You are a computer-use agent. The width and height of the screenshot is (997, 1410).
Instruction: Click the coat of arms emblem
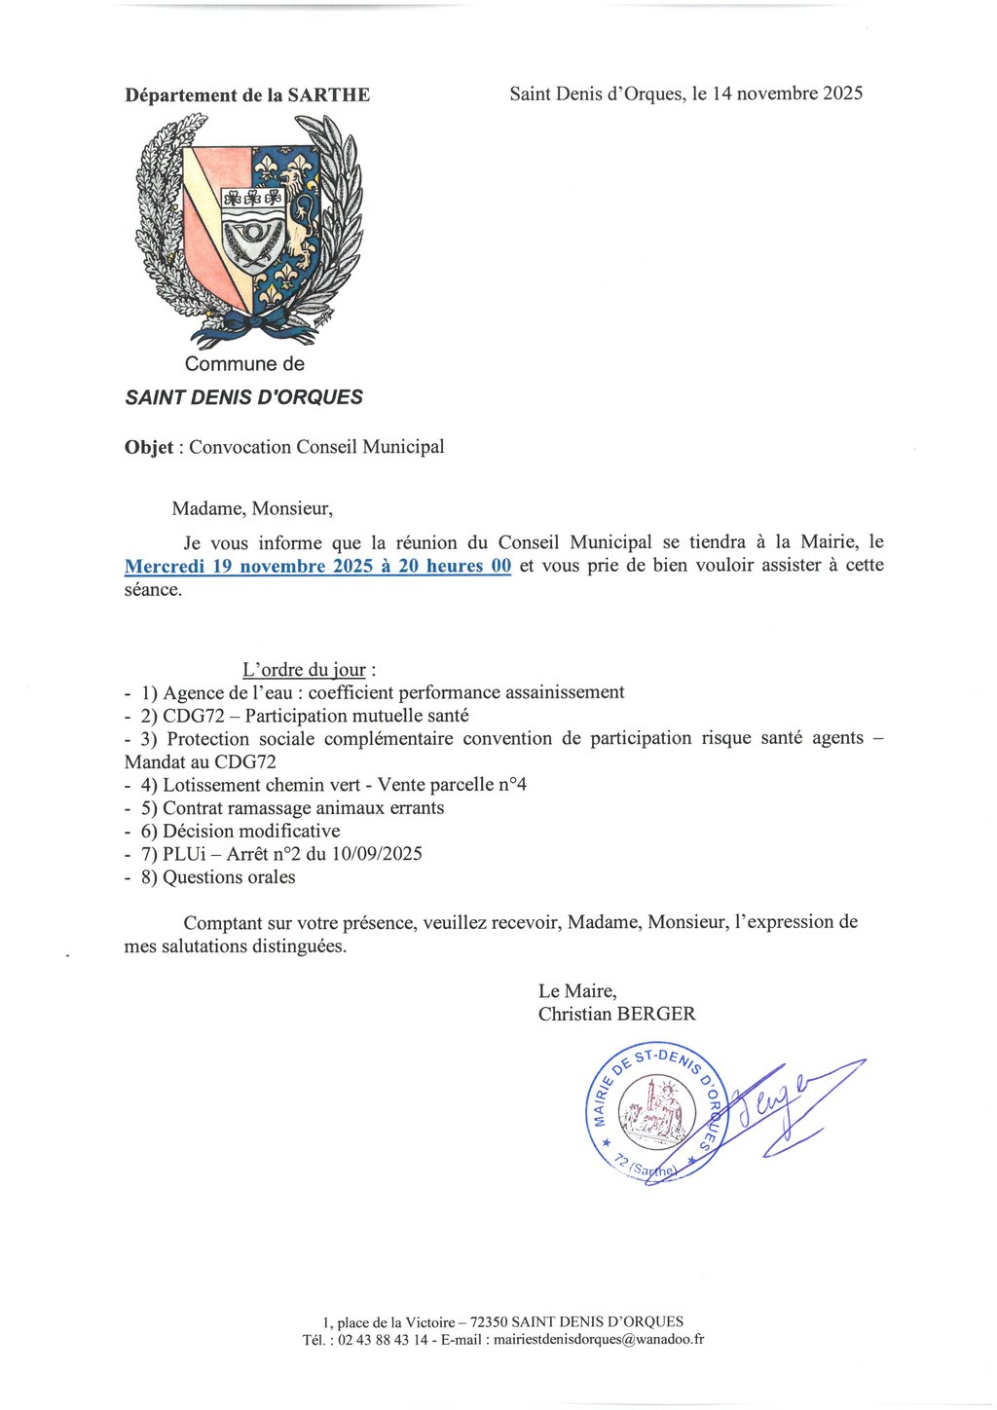point(249,231)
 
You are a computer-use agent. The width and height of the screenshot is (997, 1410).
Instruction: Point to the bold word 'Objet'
point(149,447)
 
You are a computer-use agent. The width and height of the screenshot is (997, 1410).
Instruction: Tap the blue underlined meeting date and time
point(317,566)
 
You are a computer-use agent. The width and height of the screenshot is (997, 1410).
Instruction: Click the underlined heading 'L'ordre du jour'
point(304,670)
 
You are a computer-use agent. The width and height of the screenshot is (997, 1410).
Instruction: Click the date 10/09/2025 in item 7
point(377,854)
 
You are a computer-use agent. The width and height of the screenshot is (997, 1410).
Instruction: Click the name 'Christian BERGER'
point(616,1014)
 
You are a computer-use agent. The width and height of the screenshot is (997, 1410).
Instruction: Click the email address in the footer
point(599,1339)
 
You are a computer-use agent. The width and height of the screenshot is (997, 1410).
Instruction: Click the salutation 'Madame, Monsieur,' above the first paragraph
point(252,508)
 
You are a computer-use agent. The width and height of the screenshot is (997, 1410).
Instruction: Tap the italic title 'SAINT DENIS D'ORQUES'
point(243,397)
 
